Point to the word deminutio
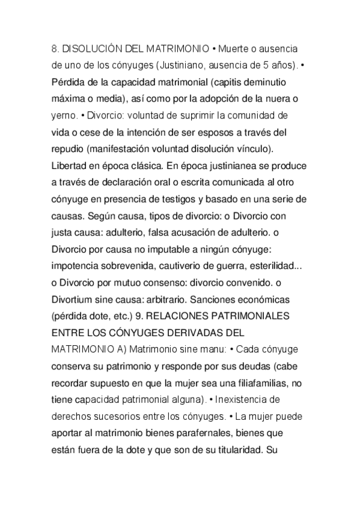pos(275,81)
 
